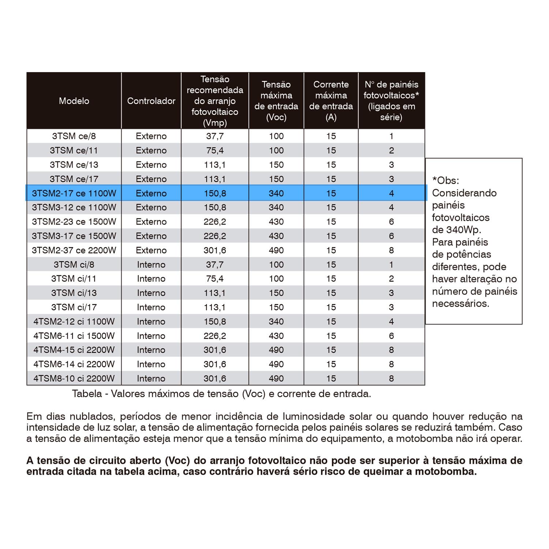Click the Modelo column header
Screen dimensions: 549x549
coord(74,101)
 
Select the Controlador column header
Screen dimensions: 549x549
coord(151,101)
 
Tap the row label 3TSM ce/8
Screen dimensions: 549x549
coord(74,136)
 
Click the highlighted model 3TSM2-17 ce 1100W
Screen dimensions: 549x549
coord(74,193)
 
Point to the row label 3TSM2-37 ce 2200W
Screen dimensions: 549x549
coord(74,250)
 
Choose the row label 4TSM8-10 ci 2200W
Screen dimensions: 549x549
coord(74,378)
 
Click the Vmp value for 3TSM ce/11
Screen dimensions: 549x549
coord(215,150)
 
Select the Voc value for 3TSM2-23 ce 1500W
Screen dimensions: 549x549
coord(276,222)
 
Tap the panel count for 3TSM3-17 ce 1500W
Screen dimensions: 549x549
coord(391,236)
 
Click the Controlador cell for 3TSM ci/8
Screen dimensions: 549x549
coord(151,265)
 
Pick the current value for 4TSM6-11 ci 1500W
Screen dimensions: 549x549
coord(331,336)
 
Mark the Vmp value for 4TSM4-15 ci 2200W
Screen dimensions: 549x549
coord(215,350)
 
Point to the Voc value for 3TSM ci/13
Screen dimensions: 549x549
coord(276,293)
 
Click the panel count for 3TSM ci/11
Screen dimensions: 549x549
coord(391,279)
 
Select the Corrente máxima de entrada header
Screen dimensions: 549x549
coord(331,101)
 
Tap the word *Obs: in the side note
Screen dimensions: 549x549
coord(445,180)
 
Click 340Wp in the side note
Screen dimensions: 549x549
coord(462,230)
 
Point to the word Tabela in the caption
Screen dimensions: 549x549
coord(87,394)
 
